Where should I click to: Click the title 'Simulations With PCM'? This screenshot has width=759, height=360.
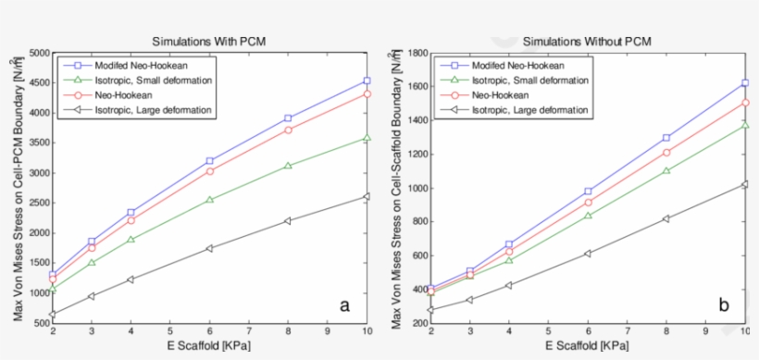click(210, 42)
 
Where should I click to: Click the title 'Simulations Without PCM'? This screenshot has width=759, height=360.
click(586, 42)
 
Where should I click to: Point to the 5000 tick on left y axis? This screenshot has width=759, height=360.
click(40, 54)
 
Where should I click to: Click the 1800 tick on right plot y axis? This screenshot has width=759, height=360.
click(416, 54)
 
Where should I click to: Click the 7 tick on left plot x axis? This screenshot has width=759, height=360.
click(251, 333)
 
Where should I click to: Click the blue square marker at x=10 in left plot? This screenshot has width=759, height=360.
click(367, 81)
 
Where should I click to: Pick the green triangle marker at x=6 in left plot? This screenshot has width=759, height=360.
click(211, 199)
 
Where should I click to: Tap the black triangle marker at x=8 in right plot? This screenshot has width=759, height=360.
click(666, 218)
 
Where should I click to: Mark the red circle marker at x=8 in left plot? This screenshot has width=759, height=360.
click(289, 130)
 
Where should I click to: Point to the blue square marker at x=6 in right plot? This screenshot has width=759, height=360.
click(588, 191)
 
